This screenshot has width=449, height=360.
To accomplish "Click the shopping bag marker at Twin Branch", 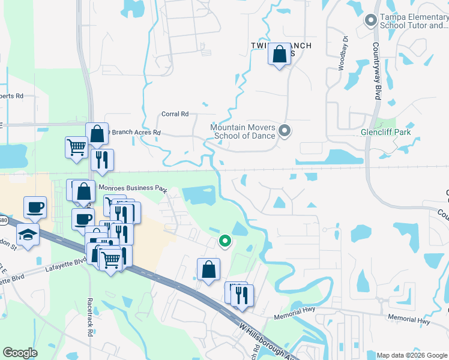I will click(x=279, y=55).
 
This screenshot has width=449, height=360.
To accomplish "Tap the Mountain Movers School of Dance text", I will click(x=243, y=131).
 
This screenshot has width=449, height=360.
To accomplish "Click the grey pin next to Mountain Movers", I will click(x=285, y=130).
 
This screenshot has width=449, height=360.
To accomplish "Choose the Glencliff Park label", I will click(x=385, y=132).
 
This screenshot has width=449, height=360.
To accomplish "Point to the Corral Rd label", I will click(x=175, y=114).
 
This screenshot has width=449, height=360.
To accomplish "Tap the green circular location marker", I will click(x=225, y=241).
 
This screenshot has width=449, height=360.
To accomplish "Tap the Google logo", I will click(x=20, y=353).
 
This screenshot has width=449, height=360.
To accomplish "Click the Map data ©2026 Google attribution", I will click(x=412, y=355).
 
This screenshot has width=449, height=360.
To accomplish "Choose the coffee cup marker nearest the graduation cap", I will click(x=35, y=208).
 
